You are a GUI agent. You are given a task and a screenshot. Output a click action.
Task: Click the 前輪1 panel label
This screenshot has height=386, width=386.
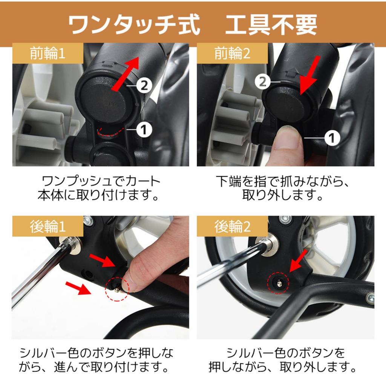47,53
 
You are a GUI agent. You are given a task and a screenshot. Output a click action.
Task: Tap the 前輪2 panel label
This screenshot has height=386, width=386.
232,53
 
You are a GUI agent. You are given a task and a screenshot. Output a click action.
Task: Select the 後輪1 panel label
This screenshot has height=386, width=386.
48,226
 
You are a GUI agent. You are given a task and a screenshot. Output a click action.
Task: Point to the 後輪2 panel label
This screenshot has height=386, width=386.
232,226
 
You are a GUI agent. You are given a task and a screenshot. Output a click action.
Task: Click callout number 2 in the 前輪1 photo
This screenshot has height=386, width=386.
144,86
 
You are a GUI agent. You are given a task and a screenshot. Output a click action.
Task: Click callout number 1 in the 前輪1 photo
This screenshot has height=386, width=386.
144,130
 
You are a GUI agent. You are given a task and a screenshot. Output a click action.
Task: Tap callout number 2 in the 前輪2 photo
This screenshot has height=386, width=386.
263,82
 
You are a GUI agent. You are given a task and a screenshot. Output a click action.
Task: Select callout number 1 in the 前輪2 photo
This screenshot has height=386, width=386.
332,138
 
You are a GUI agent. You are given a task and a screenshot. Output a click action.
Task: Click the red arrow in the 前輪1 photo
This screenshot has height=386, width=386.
125,74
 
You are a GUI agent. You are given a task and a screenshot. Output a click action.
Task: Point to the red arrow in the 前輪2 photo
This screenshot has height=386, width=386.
310,75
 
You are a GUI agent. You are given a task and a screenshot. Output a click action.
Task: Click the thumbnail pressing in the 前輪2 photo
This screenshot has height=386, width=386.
287,129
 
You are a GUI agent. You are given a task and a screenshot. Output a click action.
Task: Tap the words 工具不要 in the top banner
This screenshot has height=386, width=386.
271,25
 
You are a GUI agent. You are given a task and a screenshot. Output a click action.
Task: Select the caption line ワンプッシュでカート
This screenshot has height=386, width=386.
101,181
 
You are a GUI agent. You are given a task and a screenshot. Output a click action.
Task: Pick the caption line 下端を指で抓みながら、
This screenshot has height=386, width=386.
283,181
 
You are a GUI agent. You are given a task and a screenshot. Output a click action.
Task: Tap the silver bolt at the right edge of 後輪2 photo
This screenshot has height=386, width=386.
370,299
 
